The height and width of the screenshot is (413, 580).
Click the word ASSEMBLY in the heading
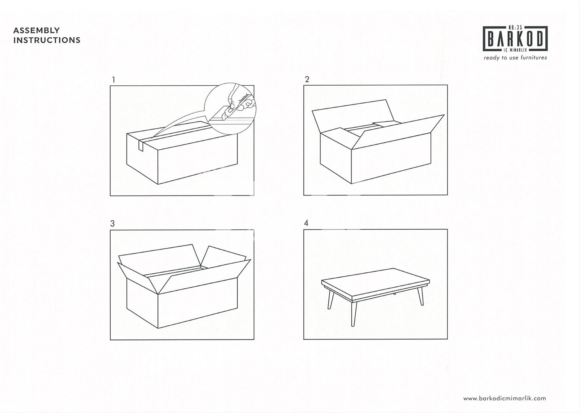36,30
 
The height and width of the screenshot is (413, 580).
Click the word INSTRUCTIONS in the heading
47,40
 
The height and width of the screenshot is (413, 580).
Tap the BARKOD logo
515,39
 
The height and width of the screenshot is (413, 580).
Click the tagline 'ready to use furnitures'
515,58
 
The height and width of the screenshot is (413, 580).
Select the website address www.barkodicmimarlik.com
504,398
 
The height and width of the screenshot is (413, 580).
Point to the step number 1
113,80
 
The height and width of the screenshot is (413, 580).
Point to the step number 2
307,79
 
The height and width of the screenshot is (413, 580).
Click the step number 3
112,224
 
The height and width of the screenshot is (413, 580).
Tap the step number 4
306,223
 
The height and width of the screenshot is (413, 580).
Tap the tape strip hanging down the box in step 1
141,145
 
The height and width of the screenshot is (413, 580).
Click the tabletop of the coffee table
376,282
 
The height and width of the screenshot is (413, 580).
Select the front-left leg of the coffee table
353,313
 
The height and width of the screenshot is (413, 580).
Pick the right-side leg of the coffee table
421,295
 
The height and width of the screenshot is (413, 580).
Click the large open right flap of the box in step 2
398,132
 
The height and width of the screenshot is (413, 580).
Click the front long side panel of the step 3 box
198,303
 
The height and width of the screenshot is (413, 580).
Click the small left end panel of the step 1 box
142,159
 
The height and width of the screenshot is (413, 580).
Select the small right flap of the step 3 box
223,257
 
